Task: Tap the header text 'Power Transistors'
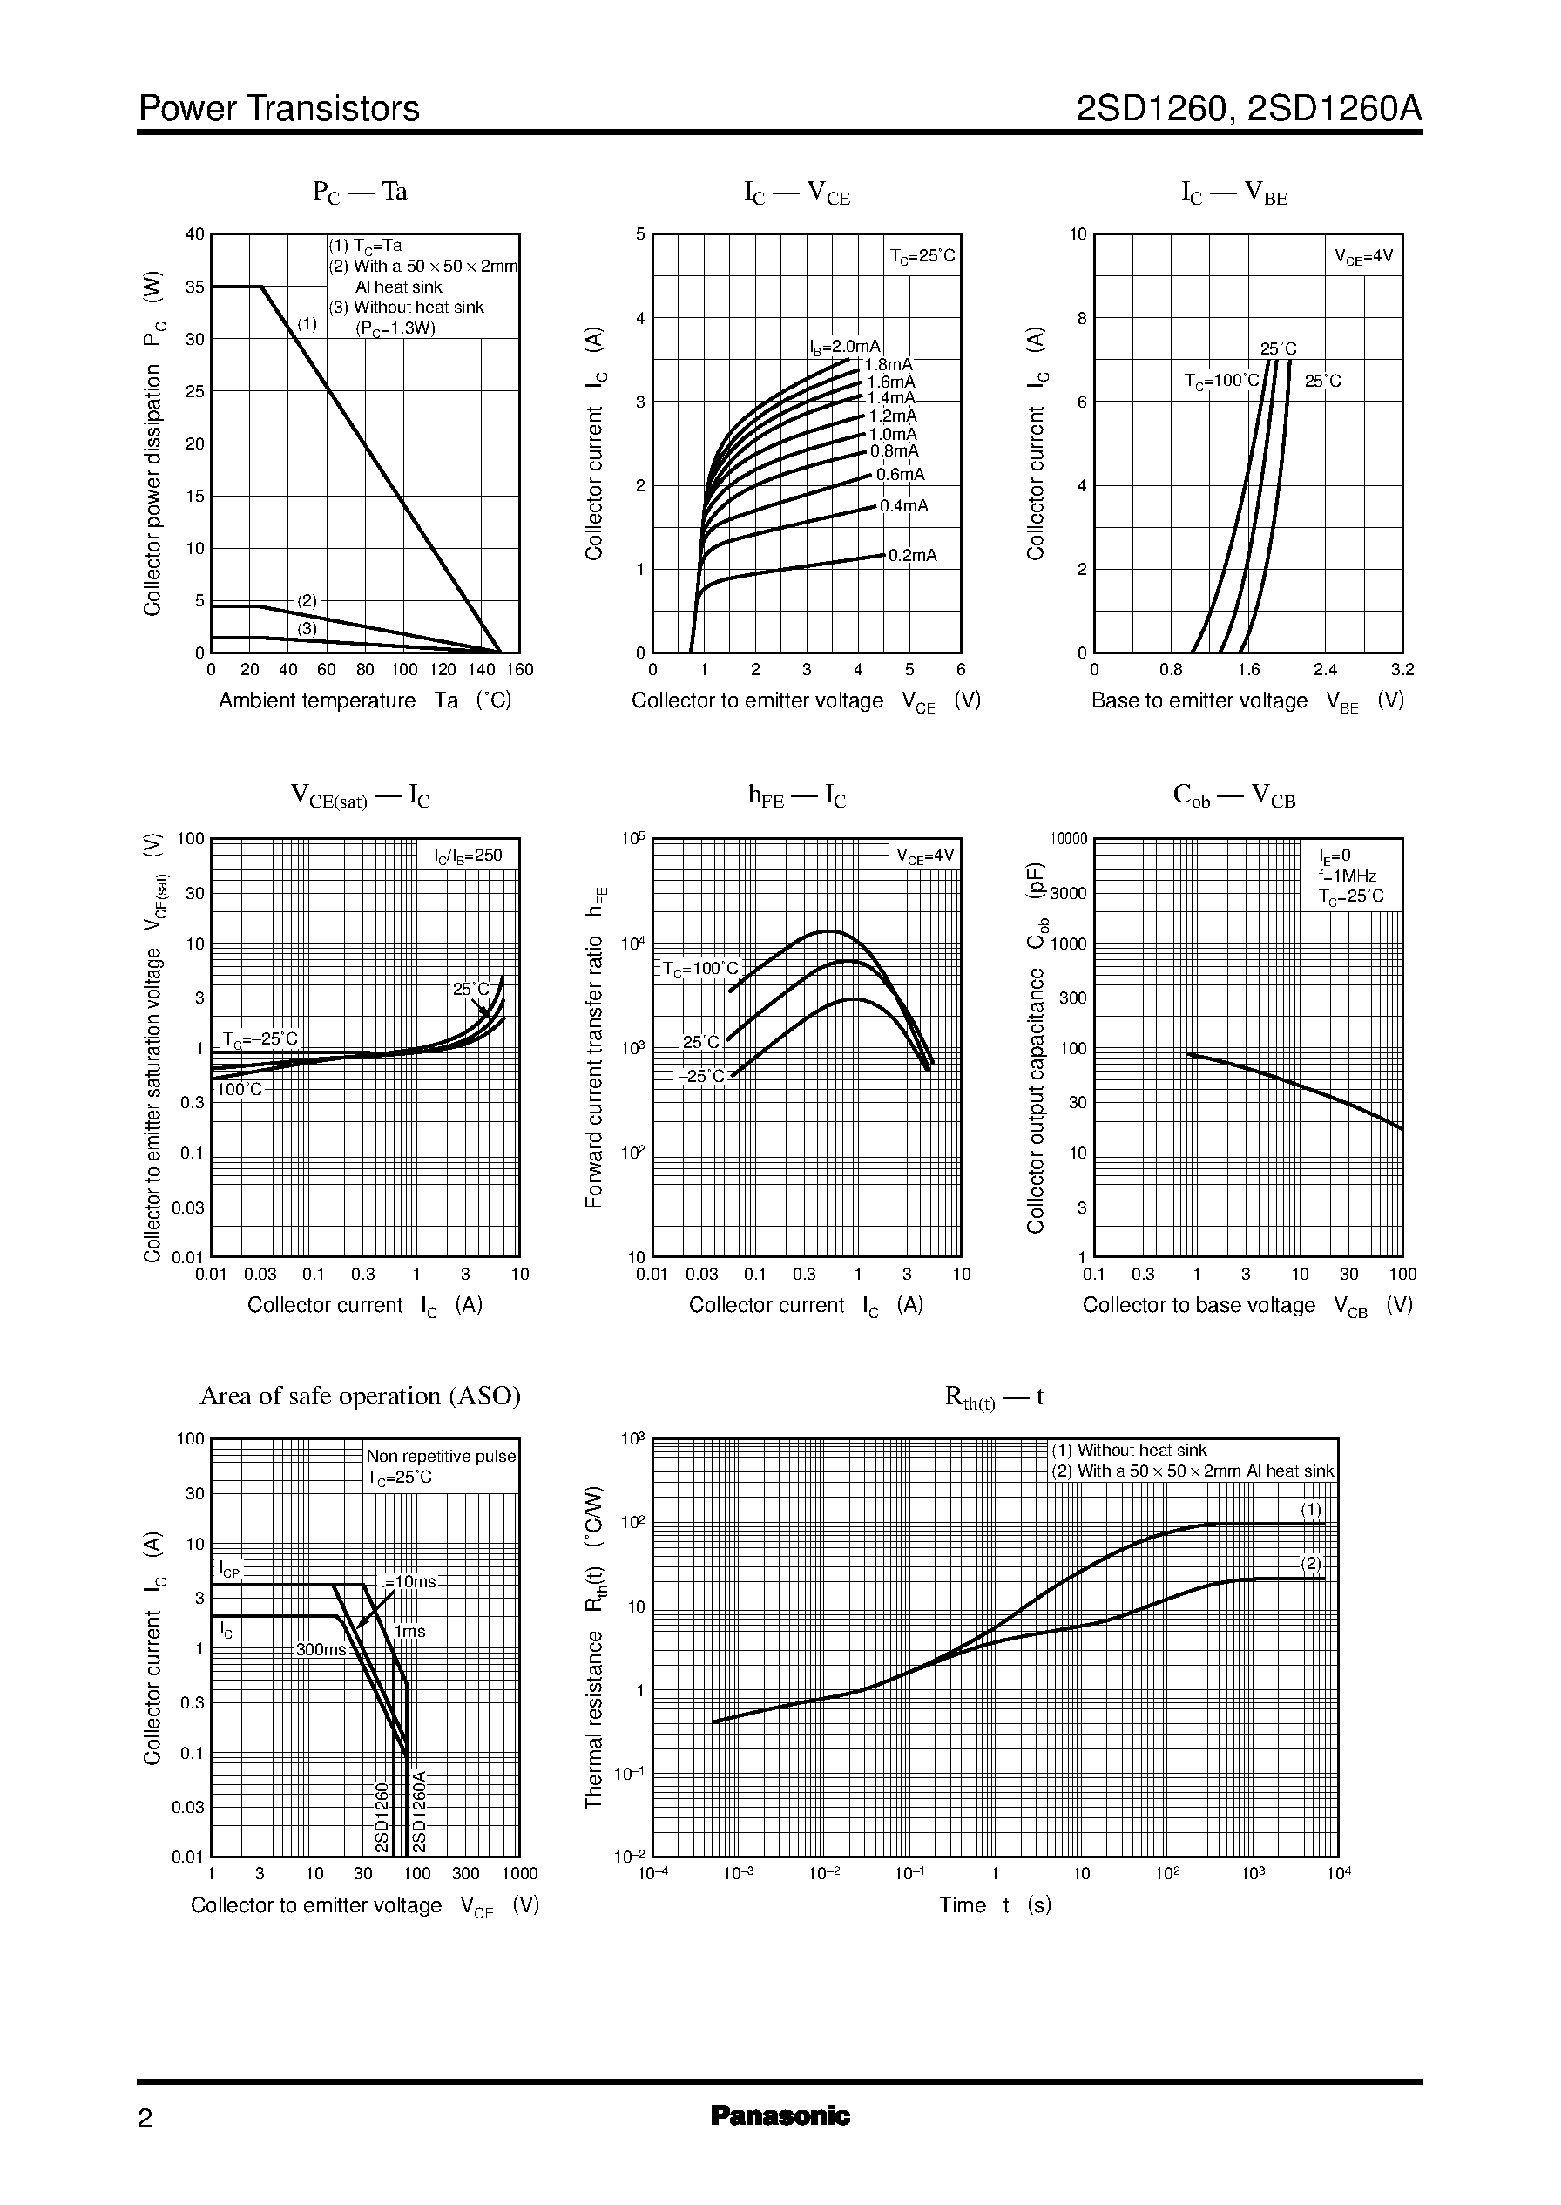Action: pos(279,109)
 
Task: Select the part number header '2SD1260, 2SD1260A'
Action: pos(1248,109)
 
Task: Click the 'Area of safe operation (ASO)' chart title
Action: pos(360,1396)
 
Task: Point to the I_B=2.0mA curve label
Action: pos(844,346)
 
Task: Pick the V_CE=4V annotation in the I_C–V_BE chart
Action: pos(1363,257)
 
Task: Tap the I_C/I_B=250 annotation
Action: pos(468,855)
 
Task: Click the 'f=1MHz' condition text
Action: pos(1347,876)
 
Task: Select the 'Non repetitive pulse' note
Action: pos(441,1457)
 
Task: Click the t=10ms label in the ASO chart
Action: pos(408,1581)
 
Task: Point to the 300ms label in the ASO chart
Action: pos(320,1649)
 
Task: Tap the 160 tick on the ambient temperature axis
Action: pos(519,670)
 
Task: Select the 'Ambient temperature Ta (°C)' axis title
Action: pos(364,700)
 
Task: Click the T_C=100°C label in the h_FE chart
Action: pos(700,969)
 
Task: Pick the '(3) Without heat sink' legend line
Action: pos(407,308)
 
